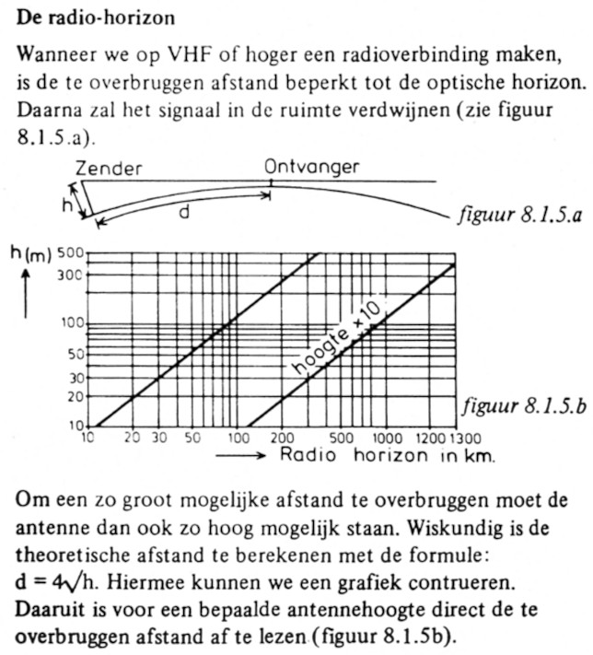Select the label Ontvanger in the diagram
coord(311,168)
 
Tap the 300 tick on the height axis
coord(70,275)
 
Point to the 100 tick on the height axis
coord(70,323)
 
